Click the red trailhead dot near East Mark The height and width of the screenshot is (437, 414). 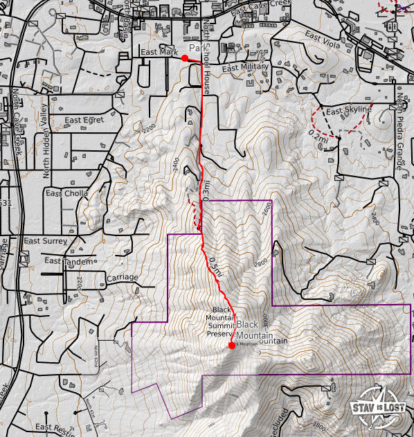tap(185, 58)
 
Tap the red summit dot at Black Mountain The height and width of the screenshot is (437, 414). tap(231, 346)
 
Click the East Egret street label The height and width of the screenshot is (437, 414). tap(84, 121)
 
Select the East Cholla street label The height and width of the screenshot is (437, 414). tap(67, 193)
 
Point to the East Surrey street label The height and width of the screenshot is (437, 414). tap(45, 241)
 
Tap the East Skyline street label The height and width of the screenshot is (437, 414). tap(349, 111)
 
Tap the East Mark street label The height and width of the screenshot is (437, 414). tap(154, 52)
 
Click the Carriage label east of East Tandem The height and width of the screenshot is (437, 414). tap(123, 278)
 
